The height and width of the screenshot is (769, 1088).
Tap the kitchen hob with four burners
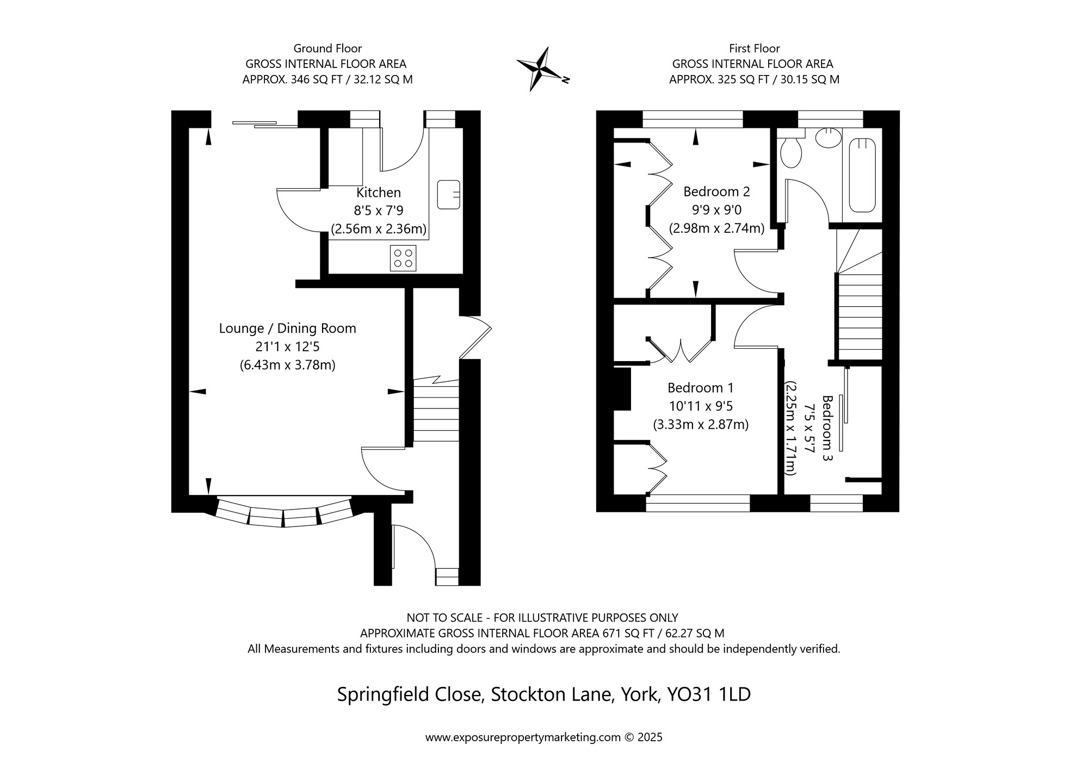pyautogui.click(x=403, y=258)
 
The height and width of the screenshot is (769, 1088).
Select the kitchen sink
pyautogui.click(x=449, y=194)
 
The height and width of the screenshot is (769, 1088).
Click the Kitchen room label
pyautogui.click(x=379, y=193)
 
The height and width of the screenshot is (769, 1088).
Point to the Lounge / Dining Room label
pyautogui.click(x=288, y=328)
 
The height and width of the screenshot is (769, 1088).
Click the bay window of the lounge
pyautogui.click(x=283, y=512)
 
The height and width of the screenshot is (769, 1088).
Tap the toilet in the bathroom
pyautogui.click(x=790, y=148)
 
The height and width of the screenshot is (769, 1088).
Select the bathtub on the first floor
pyautogui.click(x=862, y=175)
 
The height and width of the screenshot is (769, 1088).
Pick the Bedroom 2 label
pyautogui.click(x=716, y=192)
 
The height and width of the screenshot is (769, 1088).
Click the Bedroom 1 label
pyautogui.click(x=701, y=388)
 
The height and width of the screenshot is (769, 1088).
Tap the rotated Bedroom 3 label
pyautogui.click(x=827, y=429)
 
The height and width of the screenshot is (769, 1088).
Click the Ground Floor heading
pyautogui.click(x=327, y=48)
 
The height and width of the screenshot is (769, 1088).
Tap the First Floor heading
pyautogui.click(x=755, y=48)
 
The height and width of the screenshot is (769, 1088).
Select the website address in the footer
pyautogui.click(x=523, y=737)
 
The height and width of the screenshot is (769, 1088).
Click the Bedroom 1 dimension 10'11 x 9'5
pyautogui.click(x=701, y=406)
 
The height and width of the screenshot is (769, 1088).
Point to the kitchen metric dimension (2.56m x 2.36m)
pyautogui.click(x=379, y=229)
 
